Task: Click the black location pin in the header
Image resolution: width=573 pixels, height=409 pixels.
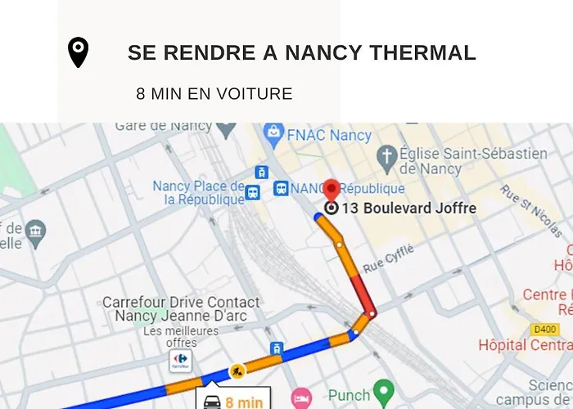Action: tap(78, 52)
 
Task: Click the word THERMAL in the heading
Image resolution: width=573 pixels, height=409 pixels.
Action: tap(422, 53)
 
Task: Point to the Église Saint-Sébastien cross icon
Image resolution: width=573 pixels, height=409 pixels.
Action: tap(386, 155)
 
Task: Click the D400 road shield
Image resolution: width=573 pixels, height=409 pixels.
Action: tap(544, 330)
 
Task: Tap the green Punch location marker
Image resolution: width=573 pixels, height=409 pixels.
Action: tap(383, 391)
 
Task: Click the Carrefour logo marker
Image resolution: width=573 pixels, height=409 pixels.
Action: tap(180, 360)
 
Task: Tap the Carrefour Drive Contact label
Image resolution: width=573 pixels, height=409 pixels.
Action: tap(181, 303)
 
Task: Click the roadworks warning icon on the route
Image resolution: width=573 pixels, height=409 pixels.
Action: tap(237, 372)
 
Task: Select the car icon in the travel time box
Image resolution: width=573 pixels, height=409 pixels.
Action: tap(212, 402)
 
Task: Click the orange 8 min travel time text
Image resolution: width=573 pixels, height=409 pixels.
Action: tap(244, 402)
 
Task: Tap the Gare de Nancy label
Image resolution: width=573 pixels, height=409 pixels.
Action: tap(163, 127)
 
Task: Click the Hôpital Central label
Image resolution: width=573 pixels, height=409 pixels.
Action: tap(525, 345)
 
